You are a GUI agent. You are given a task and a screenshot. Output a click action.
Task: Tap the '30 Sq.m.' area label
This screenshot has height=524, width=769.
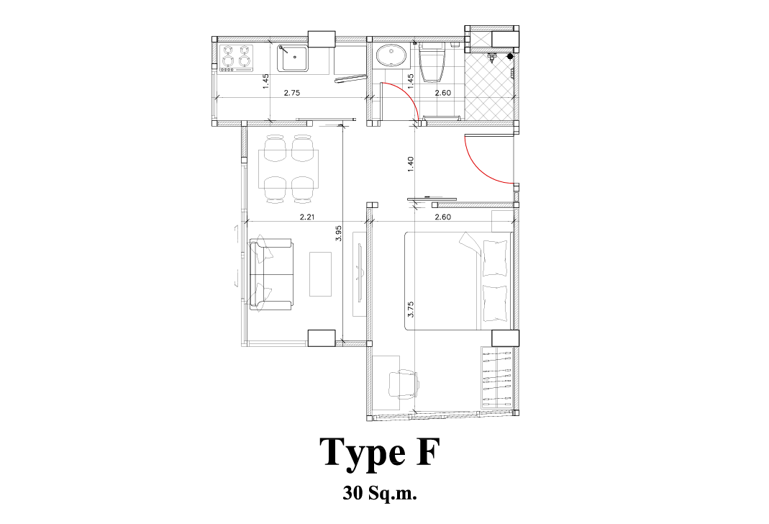pos(380,492)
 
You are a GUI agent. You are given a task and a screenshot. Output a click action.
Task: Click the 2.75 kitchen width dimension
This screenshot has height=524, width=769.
pos(292,92)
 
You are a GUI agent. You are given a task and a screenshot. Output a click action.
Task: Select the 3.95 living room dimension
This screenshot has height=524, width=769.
pos(338,233)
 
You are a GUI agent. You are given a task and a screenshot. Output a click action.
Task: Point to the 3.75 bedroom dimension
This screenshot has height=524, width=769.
pos(411,309)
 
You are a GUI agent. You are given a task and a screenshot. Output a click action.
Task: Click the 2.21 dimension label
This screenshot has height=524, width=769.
pos(307,217)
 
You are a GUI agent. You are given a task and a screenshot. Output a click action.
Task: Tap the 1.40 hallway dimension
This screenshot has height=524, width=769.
pos(411,163)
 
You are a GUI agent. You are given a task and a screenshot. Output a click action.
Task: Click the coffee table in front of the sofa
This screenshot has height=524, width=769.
pos(320,274)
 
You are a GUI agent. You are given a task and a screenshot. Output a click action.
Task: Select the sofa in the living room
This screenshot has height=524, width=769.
pos(271,274)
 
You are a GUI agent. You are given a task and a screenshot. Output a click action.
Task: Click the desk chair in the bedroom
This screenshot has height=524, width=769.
pos(403,383)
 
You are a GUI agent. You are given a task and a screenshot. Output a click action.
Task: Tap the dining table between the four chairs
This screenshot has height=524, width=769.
pos(289,168)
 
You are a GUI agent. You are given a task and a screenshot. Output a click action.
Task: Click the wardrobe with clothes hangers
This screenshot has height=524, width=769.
pos(497,377)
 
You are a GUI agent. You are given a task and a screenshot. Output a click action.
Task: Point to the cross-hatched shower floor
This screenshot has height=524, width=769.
pos(488,87)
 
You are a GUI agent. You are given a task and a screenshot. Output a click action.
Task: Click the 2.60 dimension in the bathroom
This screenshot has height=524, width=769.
pos(443,92)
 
